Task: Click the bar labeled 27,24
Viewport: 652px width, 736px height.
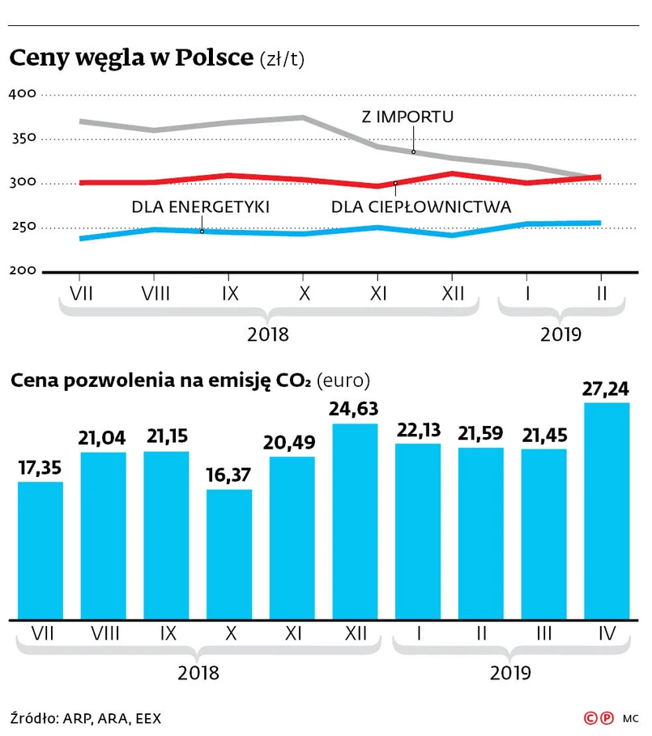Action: tap(607, 510)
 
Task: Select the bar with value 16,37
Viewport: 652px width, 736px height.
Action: tap(229, 554)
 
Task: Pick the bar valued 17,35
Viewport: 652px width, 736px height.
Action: tap(40, 550)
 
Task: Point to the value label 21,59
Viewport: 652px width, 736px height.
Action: tap(480, 431)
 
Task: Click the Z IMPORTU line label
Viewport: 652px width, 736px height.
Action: tap(407, 117)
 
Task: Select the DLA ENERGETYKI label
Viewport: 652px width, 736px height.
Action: tap(200, 207)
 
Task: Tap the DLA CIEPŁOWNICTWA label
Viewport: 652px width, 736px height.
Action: tap(421, 207)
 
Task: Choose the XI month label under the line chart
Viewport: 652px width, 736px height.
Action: tap(377, 293)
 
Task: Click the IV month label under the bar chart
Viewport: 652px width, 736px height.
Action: tap(607, 633)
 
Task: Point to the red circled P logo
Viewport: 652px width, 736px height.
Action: tap(606, 717)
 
